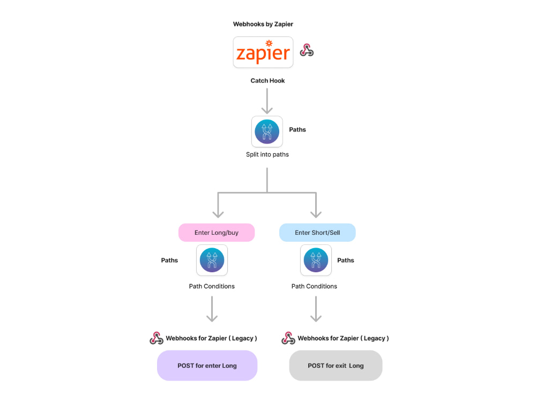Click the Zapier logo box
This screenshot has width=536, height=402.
(x=263, y=53)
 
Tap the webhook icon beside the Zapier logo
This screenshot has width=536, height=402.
(x=307, y=50)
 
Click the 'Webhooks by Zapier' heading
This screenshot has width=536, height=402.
(x=263, y=24)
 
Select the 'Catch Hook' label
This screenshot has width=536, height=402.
(x=267, y=81)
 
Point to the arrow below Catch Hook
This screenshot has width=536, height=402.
(x=267, y=101)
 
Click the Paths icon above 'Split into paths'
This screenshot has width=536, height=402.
(x=267, y=131)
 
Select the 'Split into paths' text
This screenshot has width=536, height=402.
(x=267, y=155)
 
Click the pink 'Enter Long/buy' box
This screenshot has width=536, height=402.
(x=217, y=233)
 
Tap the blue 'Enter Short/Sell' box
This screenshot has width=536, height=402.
(x=317, y=233)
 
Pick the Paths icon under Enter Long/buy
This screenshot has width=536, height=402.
(x=212, y=260)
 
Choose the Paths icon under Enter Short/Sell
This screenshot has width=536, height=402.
(x=316, y=260)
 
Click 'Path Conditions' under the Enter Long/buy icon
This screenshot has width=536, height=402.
(x=212, y=286)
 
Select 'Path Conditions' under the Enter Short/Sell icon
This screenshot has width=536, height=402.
(x=314, y=286)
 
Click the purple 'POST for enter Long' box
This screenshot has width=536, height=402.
(x=207, y=366)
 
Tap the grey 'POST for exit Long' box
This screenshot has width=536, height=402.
(x=336, y=366)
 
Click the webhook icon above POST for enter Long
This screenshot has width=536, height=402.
(x=156, y=338)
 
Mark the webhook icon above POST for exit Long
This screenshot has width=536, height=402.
(x=288, y=338)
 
